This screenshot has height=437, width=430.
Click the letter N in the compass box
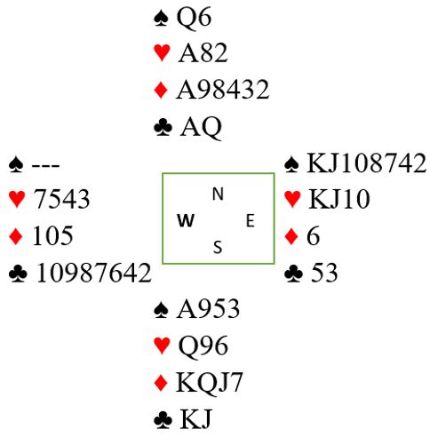point(218,195)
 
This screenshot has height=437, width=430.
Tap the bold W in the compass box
point(186,220)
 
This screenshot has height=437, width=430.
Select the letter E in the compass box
point(251,221)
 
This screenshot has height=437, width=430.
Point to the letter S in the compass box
point(218,247)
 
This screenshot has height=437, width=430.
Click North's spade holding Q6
point(194,18)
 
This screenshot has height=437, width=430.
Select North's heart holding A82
point(203,53)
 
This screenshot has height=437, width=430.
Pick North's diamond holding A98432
point(222,90)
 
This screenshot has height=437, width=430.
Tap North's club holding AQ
point(201,128)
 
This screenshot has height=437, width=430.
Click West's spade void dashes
point(45,165)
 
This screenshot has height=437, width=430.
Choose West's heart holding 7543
point(61,199)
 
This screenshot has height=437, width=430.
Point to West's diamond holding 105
point(52,235)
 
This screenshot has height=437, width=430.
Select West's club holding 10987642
point(93,273)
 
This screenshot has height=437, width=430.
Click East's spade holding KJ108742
point(366,163)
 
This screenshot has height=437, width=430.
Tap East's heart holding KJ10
point(339,199)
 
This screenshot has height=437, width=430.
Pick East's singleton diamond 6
point(314,235)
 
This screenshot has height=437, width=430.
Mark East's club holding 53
point(324,273)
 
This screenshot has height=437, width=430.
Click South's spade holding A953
point(208,309)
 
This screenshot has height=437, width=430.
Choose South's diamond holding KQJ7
point(209,383)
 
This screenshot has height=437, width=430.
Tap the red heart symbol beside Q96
point(162,346)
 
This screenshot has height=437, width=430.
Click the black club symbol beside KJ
point(163,421)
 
